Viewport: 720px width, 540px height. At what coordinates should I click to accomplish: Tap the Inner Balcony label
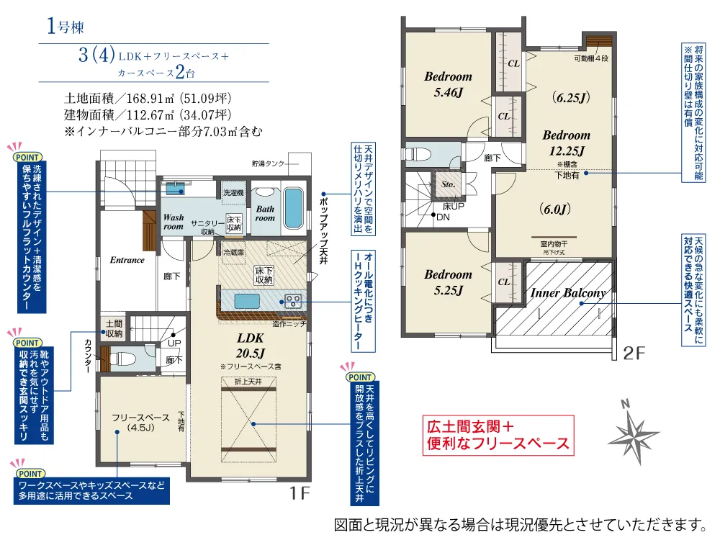click(568, 293)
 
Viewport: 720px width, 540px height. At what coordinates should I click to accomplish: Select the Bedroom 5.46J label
click(448, 84)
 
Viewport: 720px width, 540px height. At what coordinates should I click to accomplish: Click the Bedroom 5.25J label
click(448, 282)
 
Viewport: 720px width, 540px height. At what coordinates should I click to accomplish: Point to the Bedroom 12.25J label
click(566, 143)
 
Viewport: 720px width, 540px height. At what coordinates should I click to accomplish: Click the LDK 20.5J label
click(251, 345)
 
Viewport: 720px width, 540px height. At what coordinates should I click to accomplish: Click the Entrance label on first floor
click(127, 260)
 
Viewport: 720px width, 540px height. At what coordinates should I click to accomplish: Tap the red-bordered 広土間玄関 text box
click(497, 433)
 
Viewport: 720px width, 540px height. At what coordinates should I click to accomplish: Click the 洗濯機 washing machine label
click(233, 193)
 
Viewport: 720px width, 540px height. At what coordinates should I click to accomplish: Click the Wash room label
click(174, 221)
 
